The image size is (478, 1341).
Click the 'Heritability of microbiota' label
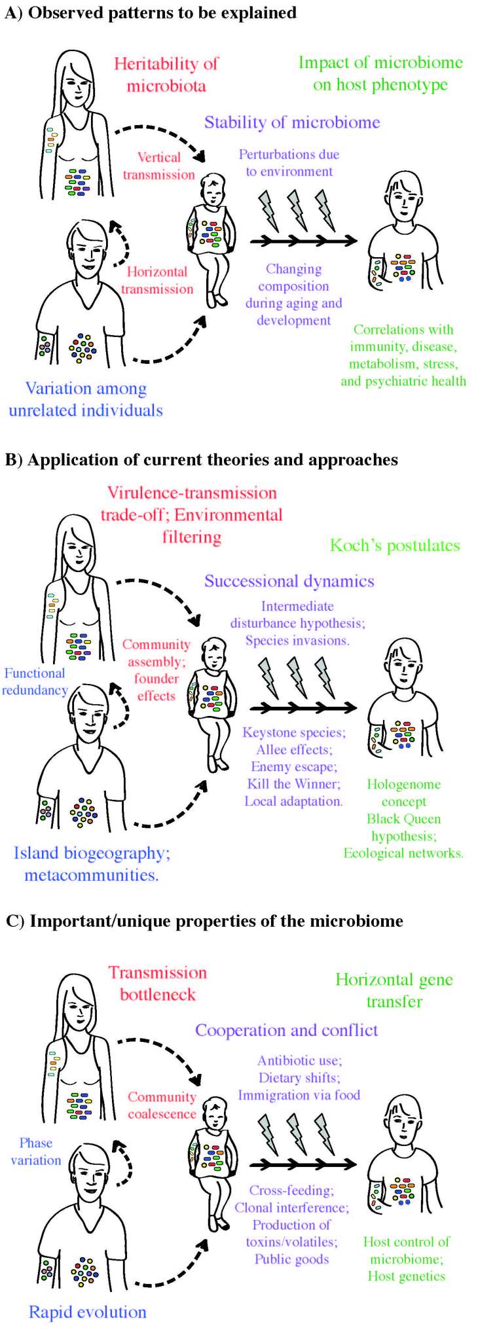tap(166, 75)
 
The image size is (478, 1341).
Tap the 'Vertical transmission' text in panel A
tap(159, 166)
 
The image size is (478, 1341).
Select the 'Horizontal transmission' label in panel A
tap(157, 280)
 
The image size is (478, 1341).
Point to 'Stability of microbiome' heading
tap(292, 122)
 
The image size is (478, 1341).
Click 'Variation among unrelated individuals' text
tap(86, 399)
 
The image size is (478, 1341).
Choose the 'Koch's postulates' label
tap(395, 545)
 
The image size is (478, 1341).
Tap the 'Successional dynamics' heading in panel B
tap(289, 581)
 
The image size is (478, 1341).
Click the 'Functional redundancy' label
tap(35, 681)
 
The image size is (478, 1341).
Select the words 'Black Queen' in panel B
tap(403, 819)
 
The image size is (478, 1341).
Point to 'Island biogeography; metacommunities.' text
tap(92, 864)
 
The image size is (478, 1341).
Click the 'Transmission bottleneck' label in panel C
tap(158, 983)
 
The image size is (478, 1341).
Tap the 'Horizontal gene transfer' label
tap(394, 990)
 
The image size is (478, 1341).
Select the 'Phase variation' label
tap(36, 1151)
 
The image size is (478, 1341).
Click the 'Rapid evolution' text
tap(88, 1312)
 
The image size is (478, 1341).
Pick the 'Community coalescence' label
tap(162, 1105)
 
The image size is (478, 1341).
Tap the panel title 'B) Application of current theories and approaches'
tap(202, 460)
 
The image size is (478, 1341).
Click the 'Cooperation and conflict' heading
tap(287, 1030)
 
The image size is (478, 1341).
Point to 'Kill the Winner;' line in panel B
tap(293, 784)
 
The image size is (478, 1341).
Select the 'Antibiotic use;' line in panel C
tap(300, 1060)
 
